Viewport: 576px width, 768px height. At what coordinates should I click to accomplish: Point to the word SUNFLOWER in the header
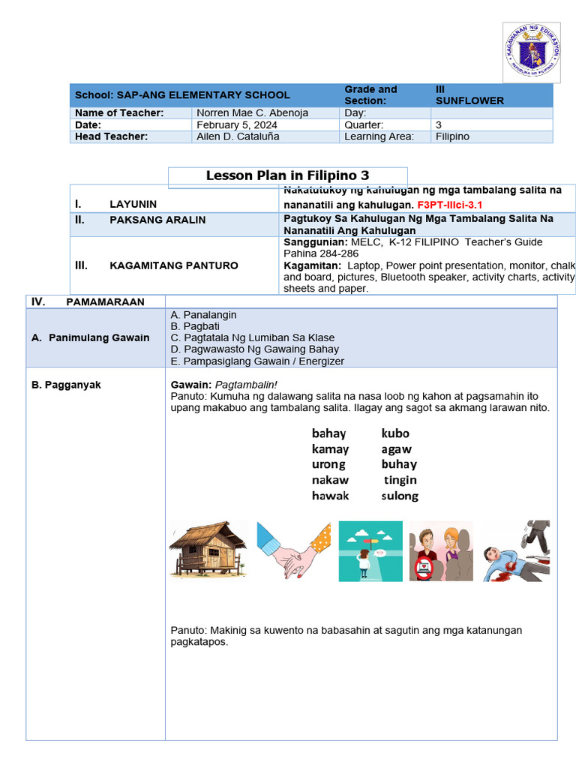469,101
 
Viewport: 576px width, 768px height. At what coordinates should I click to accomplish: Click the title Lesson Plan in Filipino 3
287,176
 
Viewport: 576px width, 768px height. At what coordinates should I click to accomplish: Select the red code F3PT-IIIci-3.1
449,205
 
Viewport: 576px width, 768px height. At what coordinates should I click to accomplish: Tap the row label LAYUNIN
133,204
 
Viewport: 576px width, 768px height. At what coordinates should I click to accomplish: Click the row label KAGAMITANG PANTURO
174,265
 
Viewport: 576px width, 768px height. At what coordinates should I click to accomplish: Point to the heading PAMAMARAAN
105,301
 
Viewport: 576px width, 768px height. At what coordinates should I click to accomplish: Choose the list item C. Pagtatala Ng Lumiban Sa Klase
253,337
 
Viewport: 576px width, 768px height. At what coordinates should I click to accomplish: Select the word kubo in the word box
395,433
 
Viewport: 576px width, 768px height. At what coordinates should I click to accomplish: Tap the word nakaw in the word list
330,480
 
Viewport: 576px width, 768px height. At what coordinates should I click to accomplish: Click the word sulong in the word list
400,496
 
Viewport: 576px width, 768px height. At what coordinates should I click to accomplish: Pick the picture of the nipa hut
208,550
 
